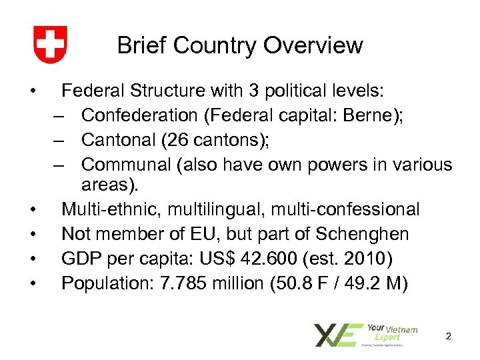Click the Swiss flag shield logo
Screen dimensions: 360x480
point(50,45)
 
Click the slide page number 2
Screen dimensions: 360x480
point(449,337)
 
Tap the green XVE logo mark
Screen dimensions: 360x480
point(338,335)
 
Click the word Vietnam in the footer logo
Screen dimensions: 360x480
point(403,329)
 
